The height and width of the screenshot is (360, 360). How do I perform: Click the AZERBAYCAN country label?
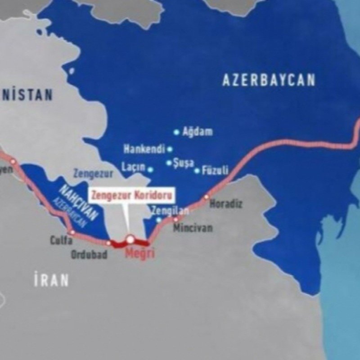pyautogui.click(x=269, y=81)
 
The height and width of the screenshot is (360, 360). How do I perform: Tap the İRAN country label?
pyautogui.click(x=51, y=280)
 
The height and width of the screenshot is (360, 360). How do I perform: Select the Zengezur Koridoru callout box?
pyautogui.click(x=132, y=196)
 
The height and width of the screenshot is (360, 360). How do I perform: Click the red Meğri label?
pyautogui.click(x=139, y=253)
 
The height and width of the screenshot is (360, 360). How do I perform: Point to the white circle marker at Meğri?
pyautogui.click(x=130, y=238)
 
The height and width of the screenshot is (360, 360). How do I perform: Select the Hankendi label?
pyautogui.click(x=144, y=149)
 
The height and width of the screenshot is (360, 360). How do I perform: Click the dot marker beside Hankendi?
pyautogui.click(x=170, y=149)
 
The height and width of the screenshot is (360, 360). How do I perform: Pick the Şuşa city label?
pyautogui.click(x=184, y=163)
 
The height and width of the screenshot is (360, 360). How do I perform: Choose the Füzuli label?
pyautogui.click(x=215, y=171)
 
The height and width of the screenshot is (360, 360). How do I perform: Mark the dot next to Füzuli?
pyautogui.click(x=197, y=171)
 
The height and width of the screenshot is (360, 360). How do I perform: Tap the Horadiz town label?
pyautogui.click(x=226, y=204)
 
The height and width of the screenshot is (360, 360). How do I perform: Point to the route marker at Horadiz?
pyautogui.click(x=207, y=197)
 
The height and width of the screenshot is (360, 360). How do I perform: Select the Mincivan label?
pyautogui.click(x=193, y=228)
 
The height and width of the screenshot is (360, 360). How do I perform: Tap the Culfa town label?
pyautogui.click(x=61, y=240)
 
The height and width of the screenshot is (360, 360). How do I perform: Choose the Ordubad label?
pyautogui.click(x=89, y=254)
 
